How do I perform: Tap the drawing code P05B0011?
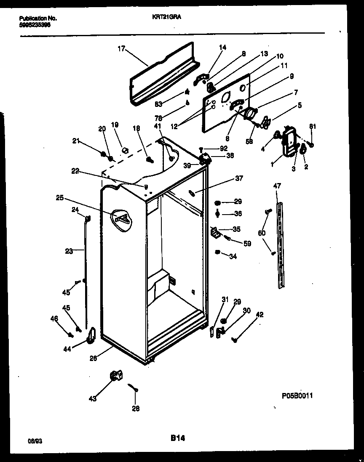297,396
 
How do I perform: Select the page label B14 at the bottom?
177,438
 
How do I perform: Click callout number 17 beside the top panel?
121,48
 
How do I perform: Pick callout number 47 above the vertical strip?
277,186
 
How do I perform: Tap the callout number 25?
59,197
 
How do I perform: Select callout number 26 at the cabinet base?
94,358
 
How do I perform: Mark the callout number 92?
223,148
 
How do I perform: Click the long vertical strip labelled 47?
280,246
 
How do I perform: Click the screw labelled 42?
235,337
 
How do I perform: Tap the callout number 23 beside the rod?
69,251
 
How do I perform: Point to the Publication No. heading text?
38,19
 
